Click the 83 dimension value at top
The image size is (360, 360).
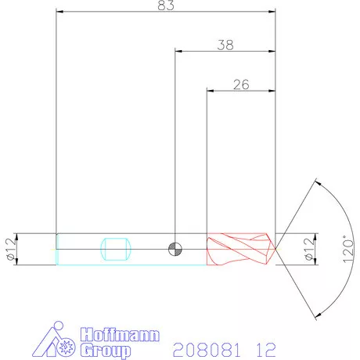point(166,5)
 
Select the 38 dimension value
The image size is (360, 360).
point(225,45)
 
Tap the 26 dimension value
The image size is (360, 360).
point(241,85)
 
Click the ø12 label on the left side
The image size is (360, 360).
point(10,249)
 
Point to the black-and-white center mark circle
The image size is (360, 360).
point(175,249)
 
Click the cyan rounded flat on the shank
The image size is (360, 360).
point(116,249)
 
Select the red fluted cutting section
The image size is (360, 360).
point(239,249)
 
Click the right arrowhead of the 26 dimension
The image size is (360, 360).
point(273,90)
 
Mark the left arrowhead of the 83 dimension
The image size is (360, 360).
point(60,12)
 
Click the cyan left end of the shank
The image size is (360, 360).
point(58,249)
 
